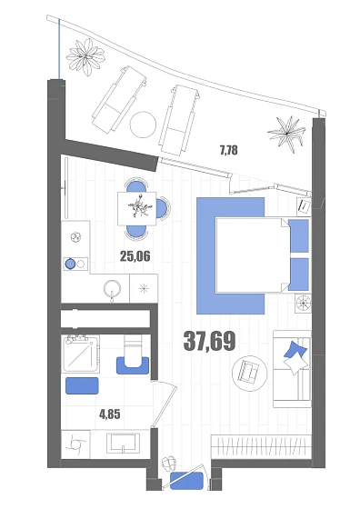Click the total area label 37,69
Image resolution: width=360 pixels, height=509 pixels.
click(209, 341)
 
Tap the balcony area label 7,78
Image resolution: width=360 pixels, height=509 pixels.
click(229, 150)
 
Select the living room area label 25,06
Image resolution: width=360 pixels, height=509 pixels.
click(135, 256)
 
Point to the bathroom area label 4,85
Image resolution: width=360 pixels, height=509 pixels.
click(109, 414)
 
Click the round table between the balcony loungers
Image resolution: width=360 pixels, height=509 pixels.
click(143, 125)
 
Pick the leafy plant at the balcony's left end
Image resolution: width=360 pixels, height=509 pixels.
click(85, 57)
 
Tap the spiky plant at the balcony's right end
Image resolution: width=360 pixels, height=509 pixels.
click(287, 132)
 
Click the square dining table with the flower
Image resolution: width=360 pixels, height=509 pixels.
click(136, 208)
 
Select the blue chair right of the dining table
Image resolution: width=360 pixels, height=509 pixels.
click(163, 208)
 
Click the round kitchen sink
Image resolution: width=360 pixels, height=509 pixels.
click(113, 288)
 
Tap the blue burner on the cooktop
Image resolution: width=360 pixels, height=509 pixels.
click(70, 264)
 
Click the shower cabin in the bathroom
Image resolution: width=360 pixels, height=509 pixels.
click(81, 354)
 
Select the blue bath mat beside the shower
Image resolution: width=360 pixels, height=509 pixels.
click(82, 385)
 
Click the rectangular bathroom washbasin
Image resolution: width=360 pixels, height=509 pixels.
click(123, 444)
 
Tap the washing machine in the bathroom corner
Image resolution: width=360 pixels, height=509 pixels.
click(75, 444)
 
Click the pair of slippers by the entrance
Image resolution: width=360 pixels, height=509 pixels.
click(169, 463)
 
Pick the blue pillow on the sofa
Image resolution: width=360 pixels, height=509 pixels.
click(295, 350)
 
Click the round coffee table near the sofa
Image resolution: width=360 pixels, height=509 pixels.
click(250, 372)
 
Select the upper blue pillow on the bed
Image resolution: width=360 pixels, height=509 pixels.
click(298, 235)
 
